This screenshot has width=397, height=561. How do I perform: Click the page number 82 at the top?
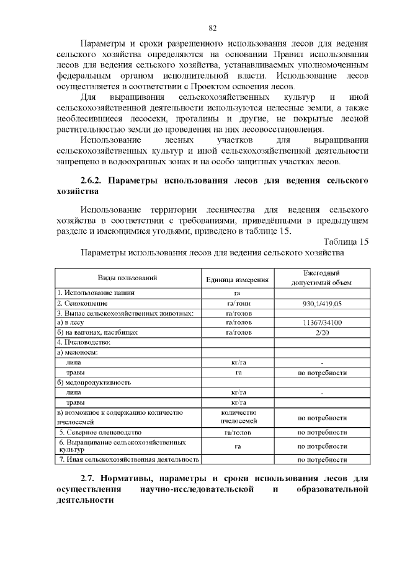coord(213,28)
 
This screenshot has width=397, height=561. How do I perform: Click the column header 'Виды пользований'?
coord(128,278)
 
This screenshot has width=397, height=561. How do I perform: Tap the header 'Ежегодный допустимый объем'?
coord(322,278)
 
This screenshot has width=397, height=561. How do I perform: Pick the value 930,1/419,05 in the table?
coord(322,304)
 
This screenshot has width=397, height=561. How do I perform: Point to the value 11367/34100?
coord(322,323)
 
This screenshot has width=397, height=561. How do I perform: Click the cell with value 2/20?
coord(322,332)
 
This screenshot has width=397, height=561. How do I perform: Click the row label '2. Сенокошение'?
coord(83,304)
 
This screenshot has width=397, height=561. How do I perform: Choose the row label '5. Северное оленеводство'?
coord(100,432)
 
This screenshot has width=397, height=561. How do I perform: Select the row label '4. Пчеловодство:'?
coord(84,342)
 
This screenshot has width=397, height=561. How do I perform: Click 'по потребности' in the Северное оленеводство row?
coord(322,432)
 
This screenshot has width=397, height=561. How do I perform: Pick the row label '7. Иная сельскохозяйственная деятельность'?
coord(128,459)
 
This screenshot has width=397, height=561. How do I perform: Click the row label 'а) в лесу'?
coord(70,323)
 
